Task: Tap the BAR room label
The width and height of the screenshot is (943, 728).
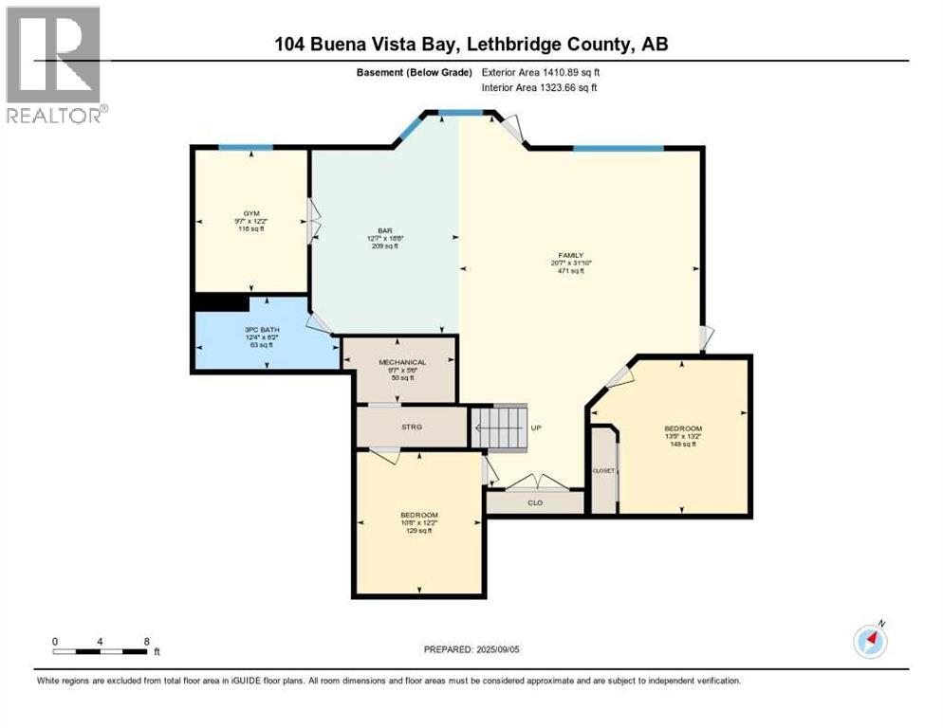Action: pyautogui.click(x=385, y=230)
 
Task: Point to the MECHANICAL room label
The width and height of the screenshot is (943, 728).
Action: pyautogui.click(x=402, y=362)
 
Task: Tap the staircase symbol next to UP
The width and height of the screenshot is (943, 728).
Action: pyautogui.click(x=499, y=427)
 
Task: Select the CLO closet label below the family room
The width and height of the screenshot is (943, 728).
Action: pyautogui.click(x=535, y=502)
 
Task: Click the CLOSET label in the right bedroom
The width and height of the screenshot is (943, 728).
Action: pyautogui.click(x=603, y=470)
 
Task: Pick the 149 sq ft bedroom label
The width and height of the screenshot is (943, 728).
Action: pyautogui.click(x=683, y=429)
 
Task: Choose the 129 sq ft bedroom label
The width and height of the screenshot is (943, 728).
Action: pyautogui.click(x=418, y=516)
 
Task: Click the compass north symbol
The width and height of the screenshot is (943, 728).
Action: pyautogui.click(x=869, y=641)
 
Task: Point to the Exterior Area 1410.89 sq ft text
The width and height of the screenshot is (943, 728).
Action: pyautogui.click(x=542, y=72)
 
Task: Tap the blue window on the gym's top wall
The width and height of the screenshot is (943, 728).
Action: pyautogui.click(x=246, y=147)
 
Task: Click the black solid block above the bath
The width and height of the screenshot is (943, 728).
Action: pyautogui.click(x=221, y=302)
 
